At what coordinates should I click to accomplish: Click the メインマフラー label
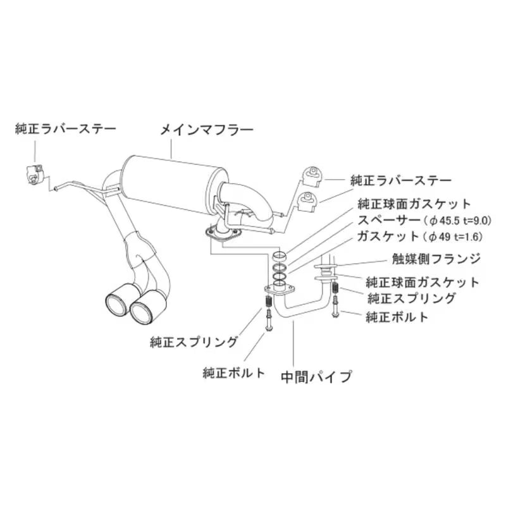pyautogui.click(x=207, y=130)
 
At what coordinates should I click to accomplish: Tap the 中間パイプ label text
pyautogui.click(x=316, y=376)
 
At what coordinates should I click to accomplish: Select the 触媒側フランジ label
pyautogui.click(x=436, y=259)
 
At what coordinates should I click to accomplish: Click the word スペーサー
pyautogui.click(x=390, y=220)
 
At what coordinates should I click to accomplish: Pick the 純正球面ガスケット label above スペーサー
pyautogui.click(x=414, y=204)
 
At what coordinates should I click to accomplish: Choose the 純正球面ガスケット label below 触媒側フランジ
pyautogui.click(x=423, y=283)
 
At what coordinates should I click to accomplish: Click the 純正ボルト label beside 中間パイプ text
pyautogui.click(x=233, y=373)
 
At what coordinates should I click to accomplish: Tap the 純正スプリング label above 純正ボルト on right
pyautogui.click(x=411, y=299)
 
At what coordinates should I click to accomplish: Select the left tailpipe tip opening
pyautogui.click(x=116, y=304)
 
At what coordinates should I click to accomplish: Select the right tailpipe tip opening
pyautogui.click(x=141, y=311)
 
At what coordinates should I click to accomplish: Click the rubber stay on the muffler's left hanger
pyautogui.click(x=34, y=175)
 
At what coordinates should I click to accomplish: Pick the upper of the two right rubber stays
pyautogui.click(x=311, y=176)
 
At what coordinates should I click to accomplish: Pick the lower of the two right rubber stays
pyautogui.click(x=309, y=202)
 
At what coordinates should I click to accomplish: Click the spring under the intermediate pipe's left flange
pyautogui.click(x=268, y=302)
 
